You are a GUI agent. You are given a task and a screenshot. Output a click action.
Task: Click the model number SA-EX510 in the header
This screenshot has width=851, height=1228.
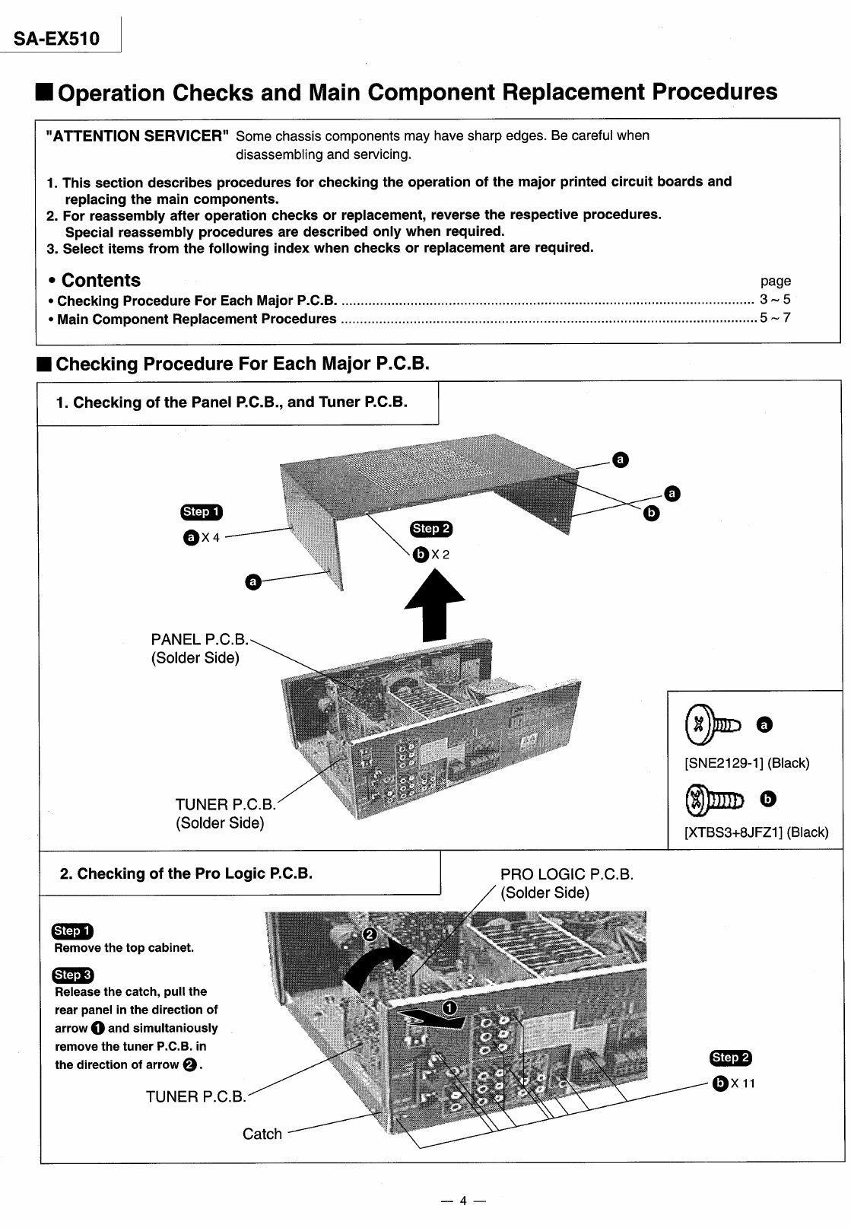pos(56,37)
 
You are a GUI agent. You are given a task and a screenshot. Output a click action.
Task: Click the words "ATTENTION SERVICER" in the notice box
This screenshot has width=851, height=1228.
pos(138,136)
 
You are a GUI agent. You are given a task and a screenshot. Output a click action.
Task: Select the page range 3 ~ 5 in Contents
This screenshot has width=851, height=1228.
pos(775,300)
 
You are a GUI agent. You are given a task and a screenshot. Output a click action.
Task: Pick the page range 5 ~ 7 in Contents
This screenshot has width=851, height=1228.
pos(775,318)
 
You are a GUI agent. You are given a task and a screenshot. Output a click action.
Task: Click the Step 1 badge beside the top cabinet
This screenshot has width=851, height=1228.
pos(202,512)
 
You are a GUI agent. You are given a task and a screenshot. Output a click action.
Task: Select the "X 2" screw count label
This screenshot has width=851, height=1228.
pos(440,555)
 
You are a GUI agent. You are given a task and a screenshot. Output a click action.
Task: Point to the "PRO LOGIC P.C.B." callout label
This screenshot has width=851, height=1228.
pos(567,874)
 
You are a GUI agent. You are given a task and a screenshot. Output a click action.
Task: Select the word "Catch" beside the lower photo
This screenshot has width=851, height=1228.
pos(262,1134)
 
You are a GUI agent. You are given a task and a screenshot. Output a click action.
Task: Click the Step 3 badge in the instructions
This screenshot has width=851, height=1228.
pos(72,975)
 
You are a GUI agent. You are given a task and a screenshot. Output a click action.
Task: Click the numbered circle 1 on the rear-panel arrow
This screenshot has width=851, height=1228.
pos(449,1008)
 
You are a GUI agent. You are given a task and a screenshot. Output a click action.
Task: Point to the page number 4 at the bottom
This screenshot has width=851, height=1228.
pos(462,1201)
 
